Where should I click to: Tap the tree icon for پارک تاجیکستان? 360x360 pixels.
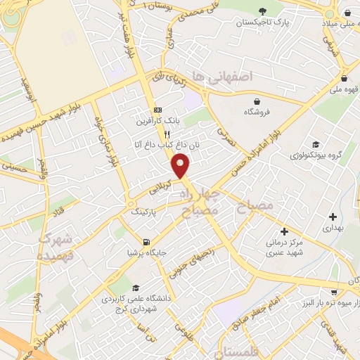(263, 11)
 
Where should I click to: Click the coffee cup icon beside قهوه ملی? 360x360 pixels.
(345, 78)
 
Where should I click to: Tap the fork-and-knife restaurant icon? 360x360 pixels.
(167, 134)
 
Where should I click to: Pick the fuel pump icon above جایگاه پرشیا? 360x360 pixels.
(146, 240)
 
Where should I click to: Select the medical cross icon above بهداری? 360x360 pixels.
(332, 216)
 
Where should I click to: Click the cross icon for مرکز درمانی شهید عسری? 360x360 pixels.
(284, 231)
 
